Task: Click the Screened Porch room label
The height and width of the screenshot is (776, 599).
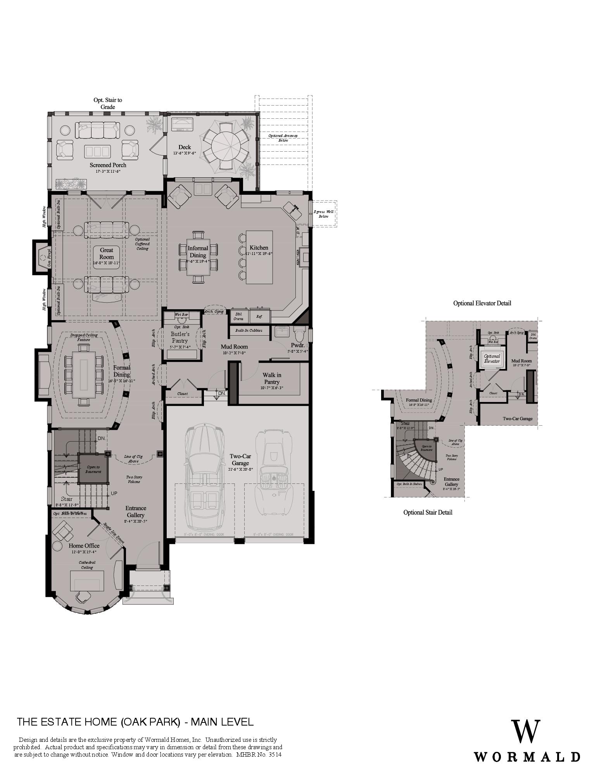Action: click(108, 165)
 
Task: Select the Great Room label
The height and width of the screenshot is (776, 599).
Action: click(107, 254)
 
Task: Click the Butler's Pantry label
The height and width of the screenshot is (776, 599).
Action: click(180, 337)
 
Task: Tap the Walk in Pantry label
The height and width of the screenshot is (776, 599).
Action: click(272, 378)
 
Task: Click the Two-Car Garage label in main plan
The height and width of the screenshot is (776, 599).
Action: click(240, 460)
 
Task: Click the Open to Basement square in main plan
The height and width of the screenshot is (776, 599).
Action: click(93, 469)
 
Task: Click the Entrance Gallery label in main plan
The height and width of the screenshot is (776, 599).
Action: click(135, 511)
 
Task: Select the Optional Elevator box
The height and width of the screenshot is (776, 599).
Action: click(492, 359)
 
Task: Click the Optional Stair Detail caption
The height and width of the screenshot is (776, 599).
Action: click(428, 512)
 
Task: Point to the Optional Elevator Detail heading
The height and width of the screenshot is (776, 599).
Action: click(482, 303)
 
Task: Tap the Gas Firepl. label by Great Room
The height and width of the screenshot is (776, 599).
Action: click(49, 258)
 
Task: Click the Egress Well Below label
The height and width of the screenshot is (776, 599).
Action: click(323, 214)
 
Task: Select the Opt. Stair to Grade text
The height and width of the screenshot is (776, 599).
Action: click(108, 103)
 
